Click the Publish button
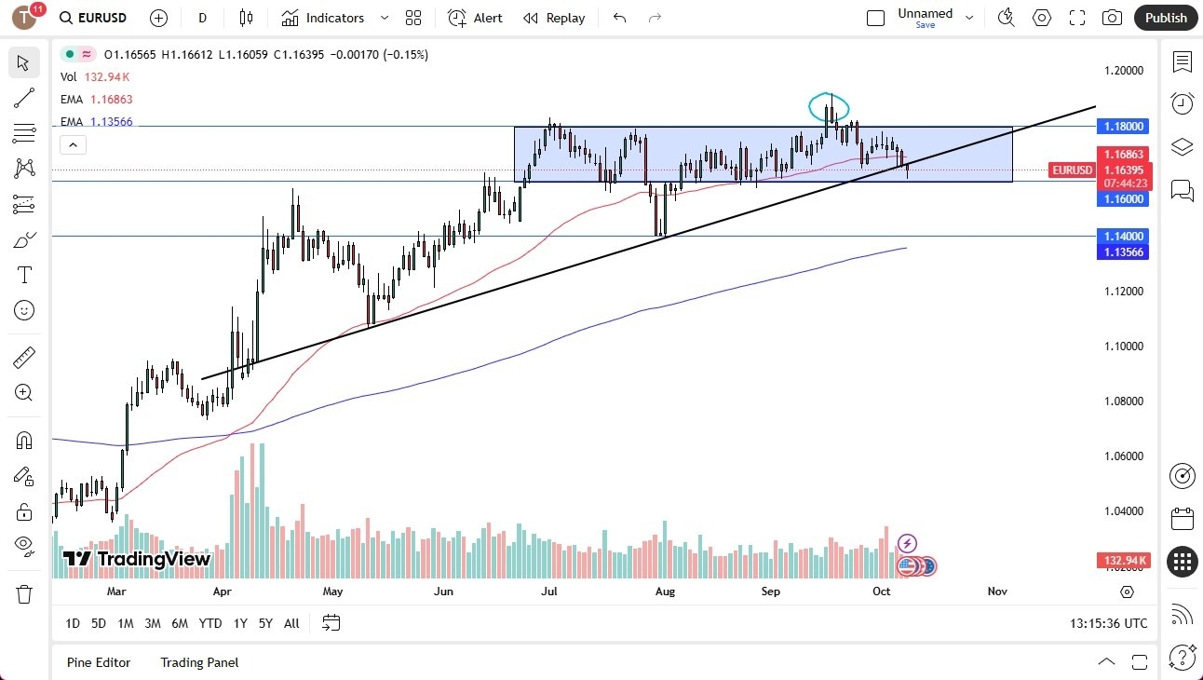1166,18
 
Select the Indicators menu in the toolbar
324,18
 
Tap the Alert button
475,18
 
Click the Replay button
554,18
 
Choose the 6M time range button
180,623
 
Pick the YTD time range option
210,623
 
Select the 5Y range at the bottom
265,623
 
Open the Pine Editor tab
99,662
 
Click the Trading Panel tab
199,662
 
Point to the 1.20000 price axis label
1124,71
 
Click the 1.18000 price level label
1124,126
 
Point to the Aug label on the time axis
665,592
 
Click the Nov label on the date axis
997,592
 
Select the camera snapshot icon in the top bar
1112,18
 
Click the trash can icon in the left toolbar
24,594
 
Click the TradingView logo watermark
137,559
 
